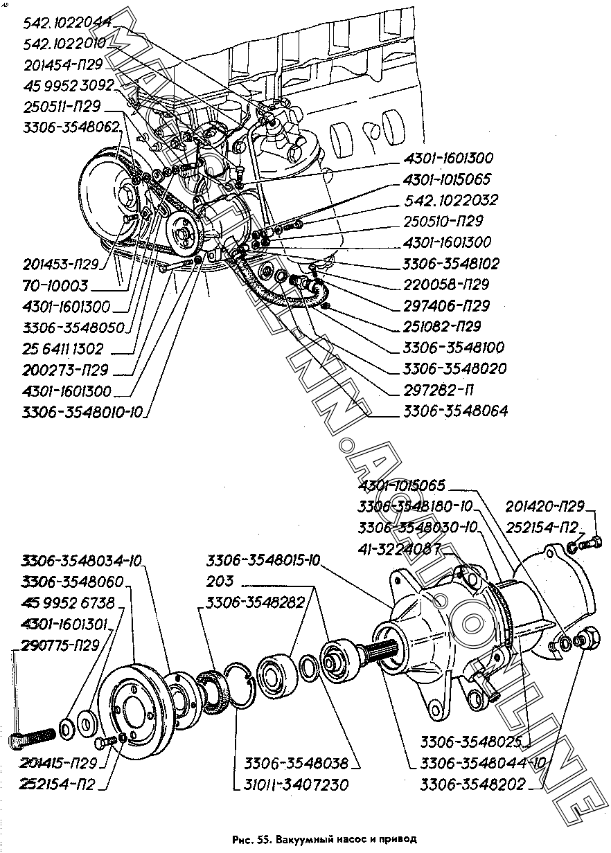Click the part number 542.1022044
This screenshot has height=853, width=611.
pyautogui.click(x=68, y=23)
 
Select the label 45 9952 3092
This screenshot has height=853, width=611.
pyautogui.click(x=68, y=86)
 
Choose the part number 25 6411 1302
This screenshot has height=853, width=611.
pyautogui.click(x=62, y=349)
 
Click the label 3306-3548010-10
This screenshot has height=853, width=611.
pyautogui.click(x=82, y=413)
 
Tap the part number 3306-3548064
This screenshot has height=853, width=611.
pyautogui.click(x=455, y=411)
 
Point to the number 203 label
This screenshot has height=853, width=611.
pyautogui.click(x=220, y=581)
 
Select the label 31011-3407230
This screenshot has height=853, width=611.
pyautogui.click(x=296, y=785)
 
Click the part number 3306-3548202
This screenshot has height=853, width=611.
pyautogui.click(x=472, y=785)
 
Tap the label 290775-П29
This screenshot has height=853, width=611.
pyautogui.click(x=60, y=645)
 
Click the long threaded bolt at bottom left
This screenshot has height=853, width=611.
pyautogui.click(x=33, y=737)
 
